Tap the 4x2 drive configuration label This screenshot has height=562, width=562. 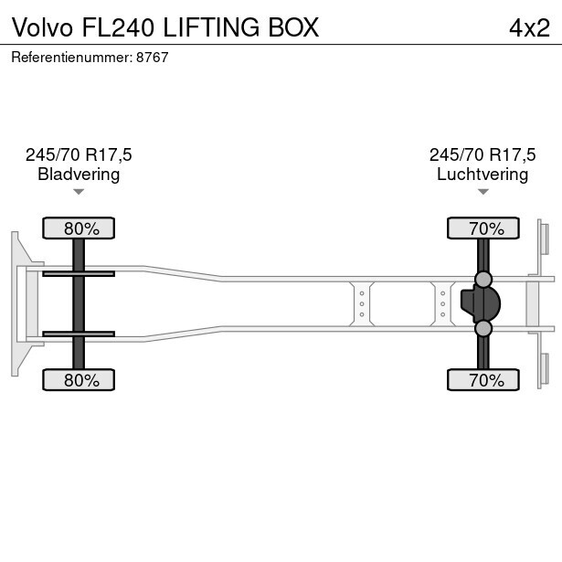point(529,27)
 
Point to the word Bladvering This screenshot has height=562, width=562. point(79,175)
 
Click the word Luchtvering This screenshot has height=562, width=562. point(482,175)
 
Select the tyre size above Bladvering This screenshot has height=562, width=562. point(79,155)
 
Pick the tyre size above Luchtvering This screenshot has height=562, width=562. point(482,155)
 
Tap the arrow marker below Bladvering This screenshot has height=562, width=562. point(79,192)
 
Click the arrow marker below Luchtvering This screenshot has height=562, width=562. point(482,192)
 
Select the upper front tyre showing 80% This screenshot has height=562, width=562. point(80,228)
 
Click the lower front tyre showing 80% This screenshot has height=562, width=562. point(80,380)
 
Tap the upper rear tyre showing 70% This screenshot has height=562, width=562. point(483,228)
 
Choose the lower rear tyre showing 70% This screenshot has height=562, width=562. point(483,380)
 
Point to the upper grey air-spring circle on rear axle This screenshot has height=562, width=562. point(483,279)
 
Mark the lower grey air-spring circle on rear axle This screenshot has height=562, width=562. point(483,328)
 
